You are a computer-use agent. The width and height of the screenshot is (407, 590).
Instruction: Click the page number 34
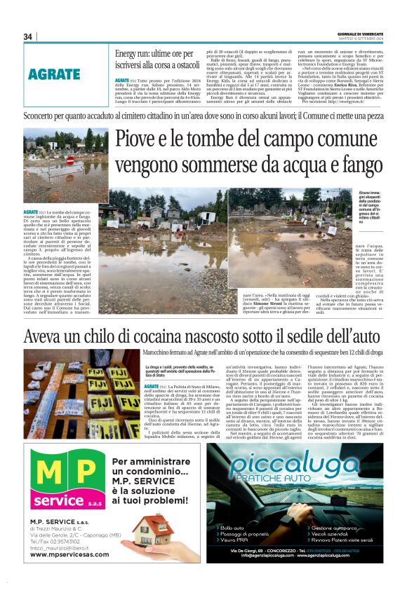(x=27, y=36)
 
